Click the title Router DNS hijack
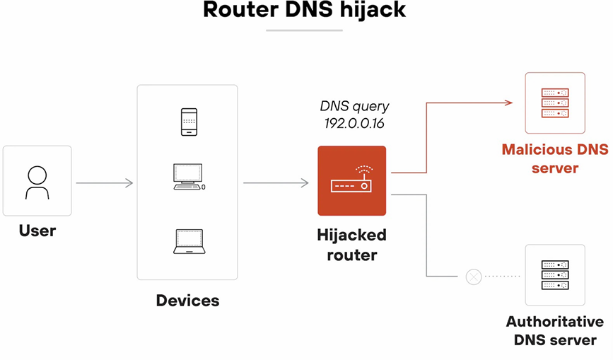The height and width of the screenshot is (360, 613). [x=304, y=11]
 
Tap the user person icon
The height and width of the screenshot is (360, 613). [x=37, y=182]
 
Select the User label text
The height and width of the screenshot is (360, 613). [x=37, y=231]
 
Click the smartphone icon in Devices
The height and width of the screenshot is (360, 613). [x=188, y=122]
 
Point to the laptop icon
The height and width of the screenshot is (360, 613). [x=189, y=242]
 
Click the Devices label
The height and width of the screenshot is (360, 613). [x=187, y=301]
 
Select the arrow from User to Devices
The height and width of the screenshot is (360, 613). [x=104, y=183]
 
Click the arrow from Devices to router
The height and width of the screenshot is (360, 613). [x=276, y=183]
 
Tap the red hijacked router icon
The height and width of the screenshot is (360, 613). [x=351, y=181]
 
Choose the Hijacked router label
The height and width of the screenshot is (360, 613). [x=351, y=244]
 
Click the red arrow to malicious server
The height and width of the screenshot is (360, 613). [x=460, y=103]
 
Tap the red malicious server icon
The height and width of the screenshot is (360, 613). [x=554, y=103]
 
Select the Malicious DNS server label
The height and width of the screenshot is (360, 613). [x=554, y=159]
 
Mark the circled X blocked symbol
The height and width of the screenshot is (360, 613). [x=474, y=276]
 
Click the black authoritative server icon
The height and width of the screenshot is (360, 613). [x=554, y=274]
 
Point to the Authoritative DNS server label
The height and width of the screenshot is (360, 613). [x=554, y=330]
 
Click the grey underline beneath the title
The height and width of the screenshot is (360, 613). [x=304, y=30]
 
